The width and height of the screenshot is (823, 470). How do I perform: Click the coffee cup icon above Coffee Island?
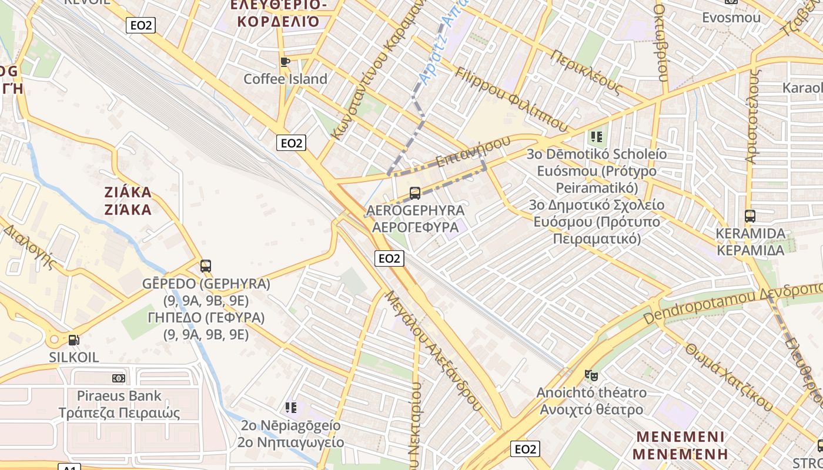click(285, 62)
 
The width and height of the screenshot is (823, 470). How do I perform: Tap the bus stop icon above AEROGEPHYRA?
click(415, 193)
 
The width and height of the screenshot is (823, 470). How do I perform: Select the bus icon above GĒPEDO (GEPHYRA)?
click(205, 266)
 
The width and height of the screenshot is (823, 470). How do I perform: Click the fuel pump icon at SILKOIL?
click(73, 340)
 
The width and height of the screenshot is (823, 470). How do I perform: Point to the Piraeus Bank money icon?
click(119, 378)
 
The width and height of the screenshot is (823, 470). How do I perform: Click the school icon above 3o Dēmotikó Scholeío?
click(597, 137)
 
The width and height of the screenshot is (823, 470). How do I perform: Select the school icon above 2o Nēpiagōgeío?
click(290, 407)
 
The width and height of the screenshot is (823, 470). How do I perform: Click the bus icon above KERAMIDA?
click(750, 216)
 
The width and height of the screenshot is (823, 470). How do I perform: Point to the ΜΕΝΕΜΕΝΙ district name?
click(680, 437)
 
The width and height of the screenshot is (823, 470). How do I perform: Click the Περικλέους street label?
click(586, 72)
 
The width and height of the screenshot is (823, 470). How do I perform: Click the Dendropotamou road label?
click(699, 306)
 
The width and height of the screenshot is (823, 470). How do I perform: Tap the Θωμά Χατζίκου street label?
click(728, 376)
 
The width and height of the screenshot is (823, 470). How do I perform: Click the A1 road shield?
click(69, 467)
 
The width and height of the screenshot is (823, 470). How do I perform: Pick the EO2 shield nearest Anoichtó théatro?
click(525, 449)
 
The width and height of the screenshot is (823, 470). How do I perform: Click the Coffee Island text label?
click(285, 79)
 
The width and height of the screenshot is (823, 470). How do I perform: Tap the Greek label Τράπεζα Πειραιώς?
click(119, 412)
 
